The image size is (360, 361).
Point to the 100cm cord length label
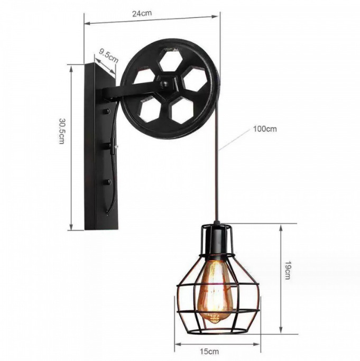click(x=264, y=128)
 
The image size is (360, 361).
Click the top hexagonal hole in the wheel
click(x=170, y=60)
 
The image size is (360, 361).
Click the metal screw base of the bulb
click(x=214, y=318)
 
